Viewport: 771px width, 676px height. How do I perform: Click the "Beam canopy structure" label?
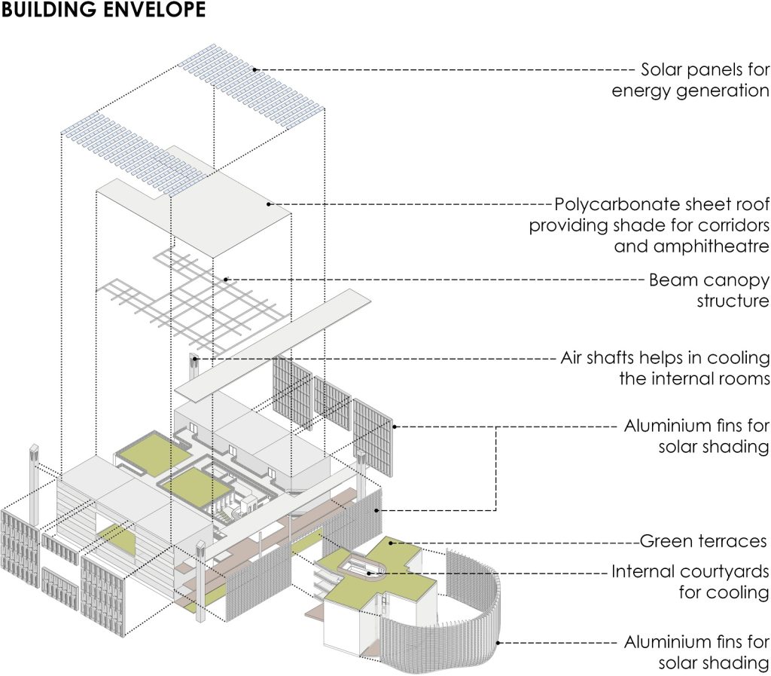(x=709, y=290)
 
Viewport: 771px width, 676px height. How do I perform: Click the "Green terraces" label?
(x=702, y=541)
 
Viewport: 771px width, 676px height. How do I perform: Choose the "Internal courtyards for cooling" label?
(x=690, y=581)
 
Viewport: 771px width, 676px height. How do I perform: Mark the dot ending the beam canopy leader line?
(x=226, y=280)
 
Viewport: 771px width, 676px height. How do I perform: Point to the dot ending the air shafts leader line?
(x=194, y=359)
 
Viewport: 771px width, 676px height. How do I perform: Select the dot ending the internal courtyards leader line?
(x=369, y=573)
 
